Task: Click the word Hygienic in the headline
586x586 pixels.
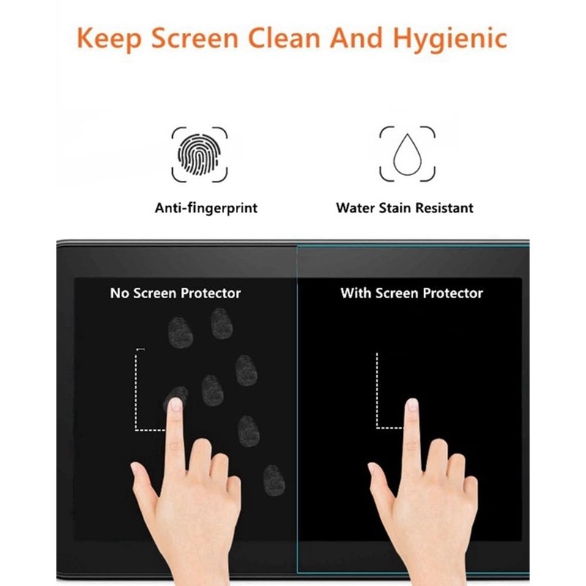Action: click(x=450, y=38)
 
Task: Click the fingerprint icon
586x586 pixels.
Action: click(x=199, y=154)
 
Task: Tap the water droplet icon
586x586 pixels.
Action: click(x=407, y=154)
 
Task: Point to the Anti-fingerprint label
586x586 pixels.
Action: click(x=206, y=208)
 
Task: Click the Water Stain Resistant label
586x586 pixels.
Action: click(x=404, y=208)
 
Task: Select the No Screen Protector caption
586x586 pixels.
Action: click(x=175, y=293)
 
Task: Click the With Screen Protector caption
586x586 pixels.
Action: click(x=412, y=293)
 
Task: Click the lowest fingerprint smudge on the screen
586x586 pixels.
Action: click(x=273, y=479)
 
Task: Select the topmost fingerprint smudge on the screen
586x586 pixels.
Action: click(x=220, y=322)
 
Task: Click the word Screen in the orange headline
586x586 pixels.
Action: click(x=194, y=38)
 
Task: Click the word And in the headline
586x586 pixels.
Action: click(x=357, y=38)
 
